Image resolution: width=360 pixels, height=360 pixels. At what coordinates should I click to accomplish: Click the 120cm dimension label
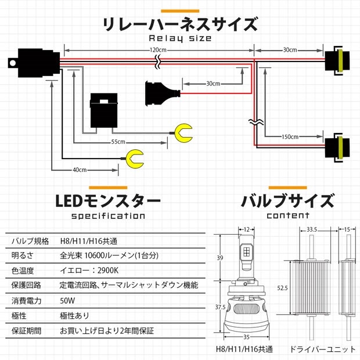click(x=156, y=50)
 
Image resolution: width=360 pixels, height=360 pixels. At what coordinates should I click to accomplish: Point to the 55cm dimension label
click(x=118, y=142)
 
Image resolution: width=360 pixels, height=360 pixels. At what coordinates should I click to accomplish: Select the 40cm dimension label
click(x=80, y=170)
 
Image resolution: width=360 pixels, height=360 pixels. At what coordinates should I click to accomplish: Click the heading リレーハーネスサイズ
click(x=179, y=24)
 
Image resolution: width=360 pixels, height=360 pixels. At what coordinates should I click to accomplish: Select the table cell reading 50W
click(x=68, y=300)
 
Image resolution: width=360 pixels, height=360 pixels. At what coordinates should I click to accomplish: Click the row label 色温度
click(x=23, y=271)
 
